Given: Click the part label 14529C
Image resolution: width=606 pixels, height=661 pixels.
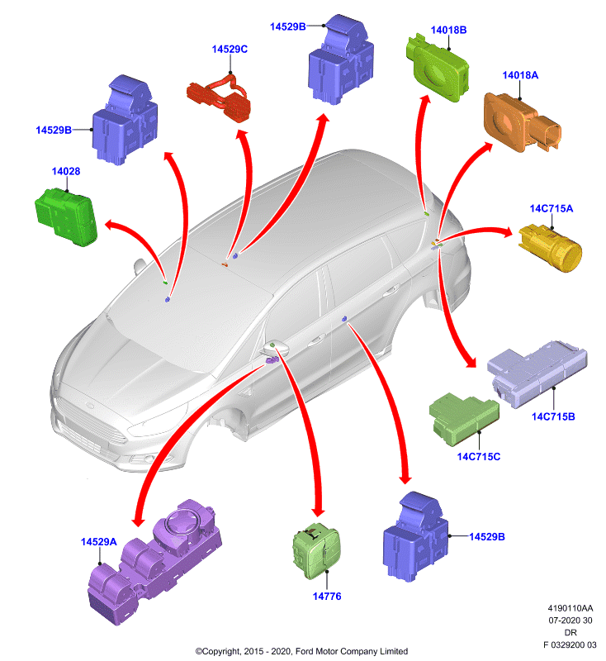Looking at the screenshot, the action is (230, 50).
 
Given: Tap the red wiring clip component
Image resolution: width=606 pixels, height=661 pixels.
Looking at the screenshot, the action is (219, 98).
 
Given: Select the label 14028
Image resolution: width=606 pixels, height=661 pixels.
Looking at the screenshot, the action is (66, 171).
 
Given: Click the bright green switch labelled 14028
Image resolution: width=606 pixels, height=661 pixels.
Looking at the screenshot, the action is (66, 216).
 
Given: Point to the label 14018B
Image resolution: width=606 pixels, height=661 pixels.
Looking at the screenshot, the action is (448, 30).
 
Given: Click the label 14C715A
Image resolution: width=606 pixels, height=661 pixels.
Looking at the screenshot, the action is (552, 208).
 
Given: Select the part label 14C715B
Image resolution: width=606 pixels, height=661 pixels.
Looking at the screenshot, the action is (553, 416).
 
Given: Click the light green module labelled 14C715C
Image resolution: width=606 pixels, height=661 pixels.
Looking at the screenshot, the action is (464, 419).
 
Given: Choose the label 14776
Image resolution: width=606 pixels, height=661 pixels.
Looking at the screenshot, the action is (327, 596).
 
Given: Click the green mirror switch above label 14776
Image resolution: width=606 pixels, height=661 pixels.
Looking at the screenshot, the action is (317, 551).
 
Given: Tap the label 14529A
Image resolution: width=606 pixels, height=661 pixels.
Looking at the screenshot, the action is (98, 542).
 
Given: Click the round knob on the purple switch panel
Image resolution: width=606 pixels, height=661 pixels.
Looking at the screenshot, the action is (182, 522).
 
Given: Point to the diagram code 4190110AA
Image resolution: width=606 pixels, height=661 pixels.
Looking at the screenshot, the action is (570, 608).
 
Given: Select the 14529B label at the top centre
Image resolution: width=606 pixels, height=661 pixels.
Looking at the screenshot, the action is (287, 26).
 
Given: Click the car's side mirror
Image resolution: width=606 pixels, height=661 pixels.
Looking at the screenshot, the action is (276, 349).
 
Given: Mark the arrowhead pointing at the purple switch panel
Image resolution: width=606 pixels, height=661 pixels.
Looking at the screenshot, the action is (138, 520).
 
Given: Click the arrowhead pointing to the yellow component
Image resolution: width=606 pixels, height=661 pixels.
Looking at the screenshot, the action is (507, 231).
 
